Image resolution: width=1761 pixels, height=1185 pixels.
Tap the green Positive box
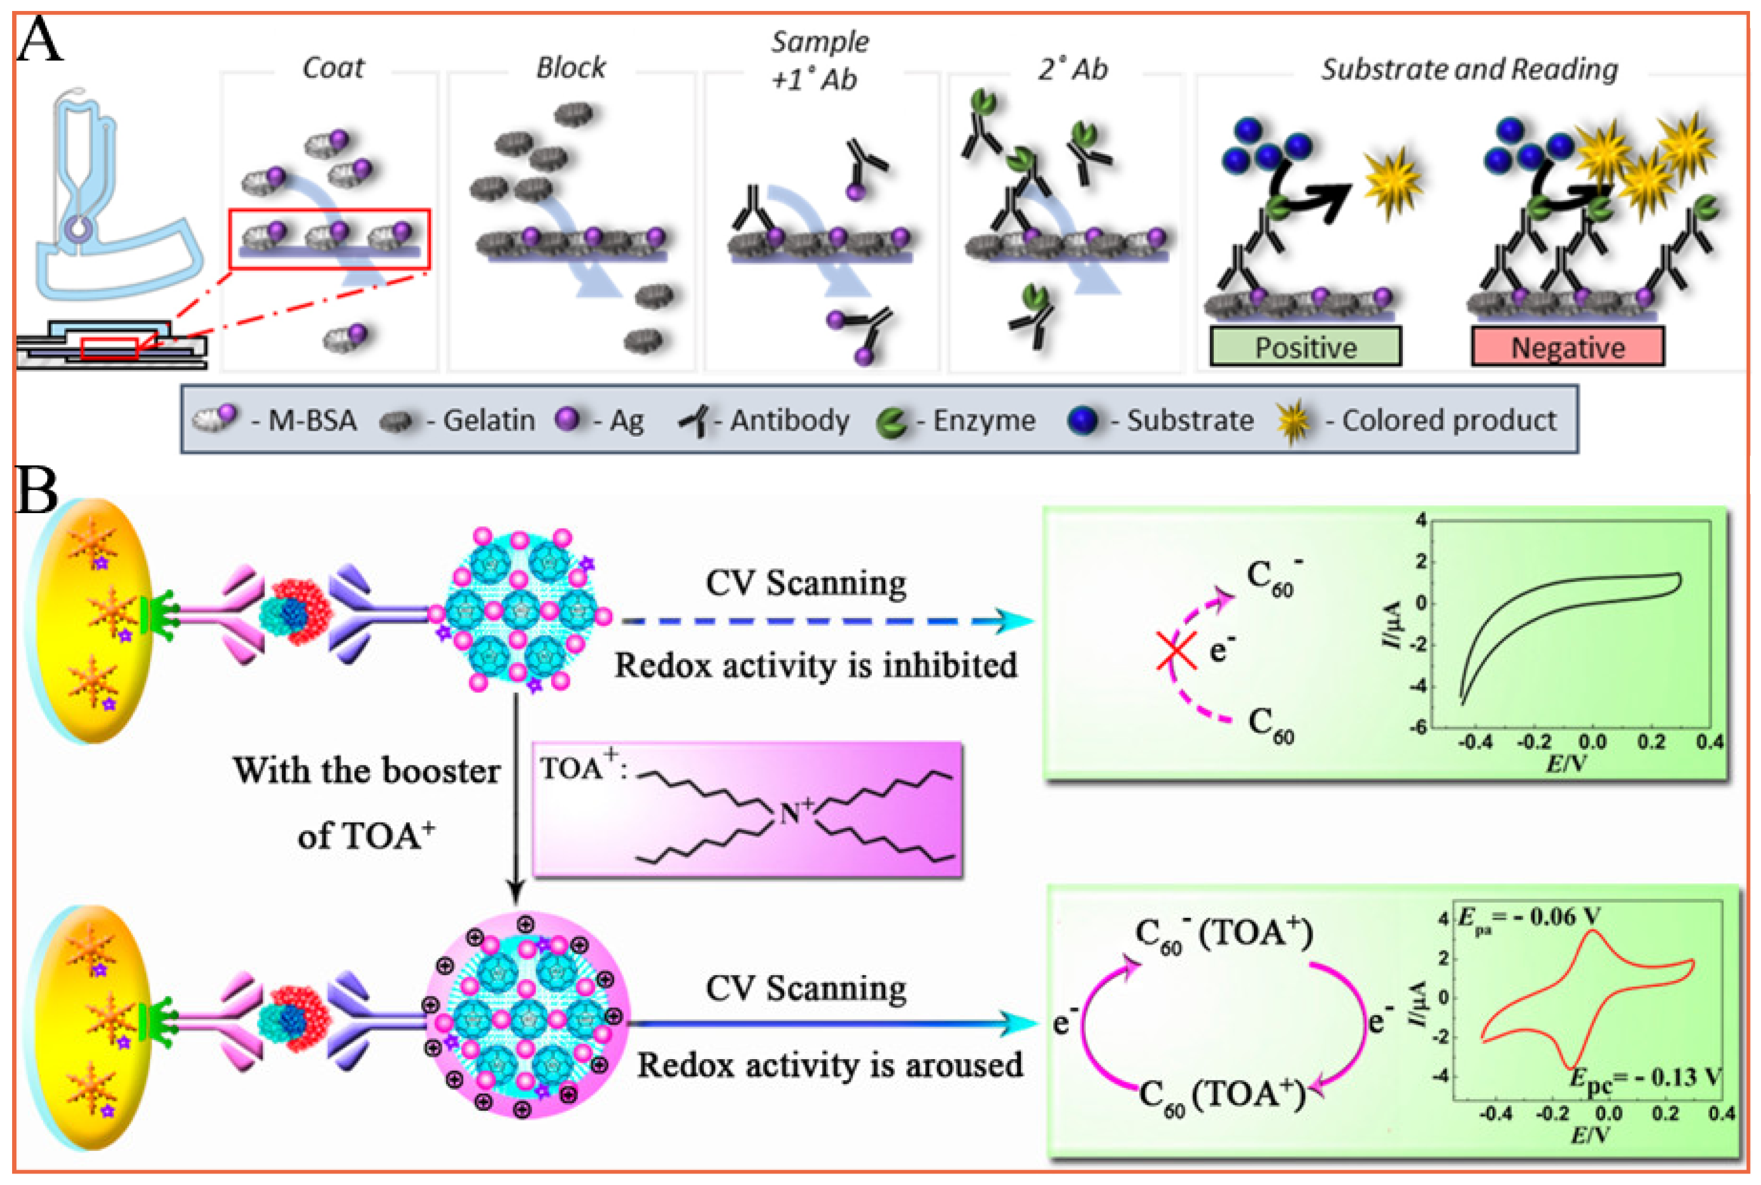coord(1306,347)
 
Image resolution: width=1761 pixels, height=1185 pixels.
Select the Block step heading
coord(571,68)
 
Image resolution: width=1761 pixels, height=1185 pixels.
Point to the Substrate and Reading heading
coord(1469,70)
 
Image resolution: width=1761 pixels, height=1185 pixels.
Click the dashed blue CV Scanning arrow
coord(824,621)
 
